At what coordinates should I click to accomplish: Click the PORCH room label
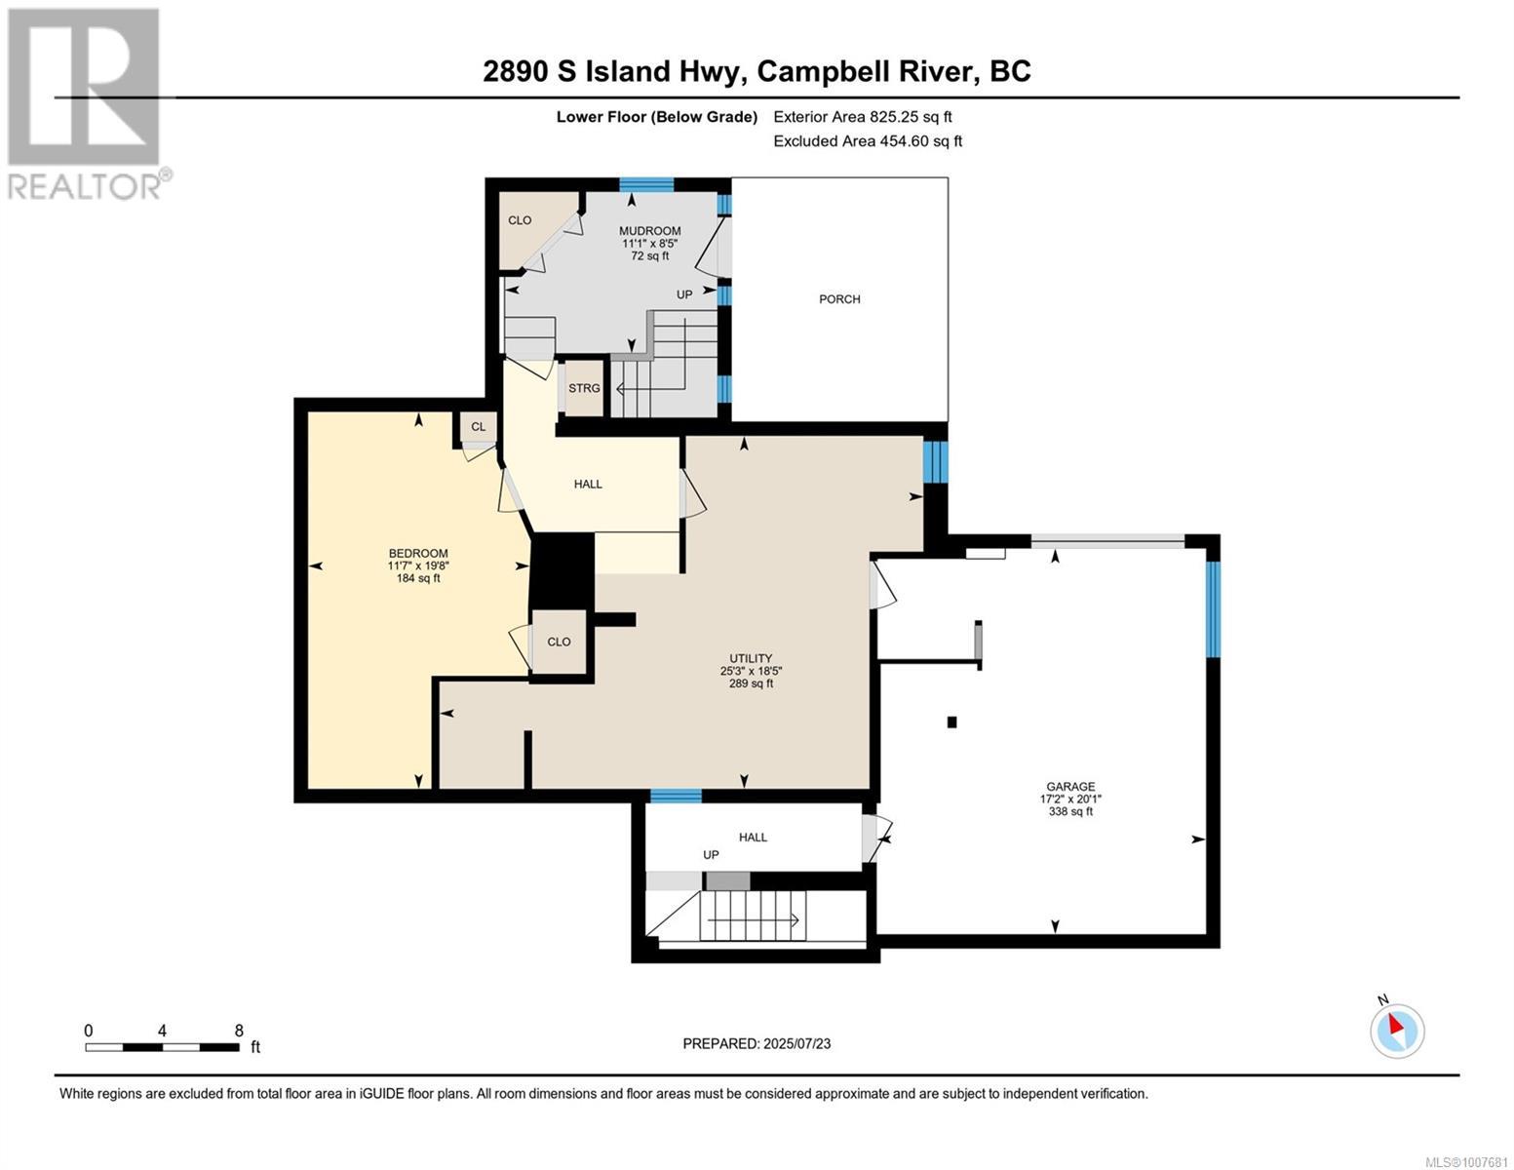pos(838,299)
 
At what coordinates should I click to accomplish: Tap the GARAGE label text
pos(1070,786)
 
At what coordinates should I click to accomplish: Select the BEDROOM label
pos(418,553)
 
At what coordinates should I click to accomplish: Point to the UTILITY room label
pos(751,658)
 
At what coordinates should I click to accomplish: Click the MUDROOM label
pos(649,231)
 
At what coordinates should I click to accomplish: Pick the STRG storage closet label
pos(584,388)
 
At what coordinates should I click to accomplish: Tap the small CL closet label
pos(478,426)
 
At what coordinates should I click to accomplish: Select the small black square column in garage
pos(951,722)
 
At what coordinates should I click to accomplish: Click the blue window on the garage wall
pos(1213,609)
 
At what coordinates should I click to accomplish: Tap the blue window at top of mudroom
pos(646,184)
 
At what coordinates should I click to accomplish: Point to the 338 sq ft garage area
pos(1070,811)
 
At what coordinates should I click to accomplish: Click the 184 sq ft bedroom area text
pos(418,577)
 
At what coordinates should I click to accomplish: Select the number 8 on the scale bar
pos(239,1031)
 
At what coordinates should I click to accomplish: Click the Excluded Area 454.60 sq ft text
pos(868,140)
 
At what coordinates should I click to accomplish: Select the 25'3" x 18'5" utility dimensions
pos(751,671)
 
